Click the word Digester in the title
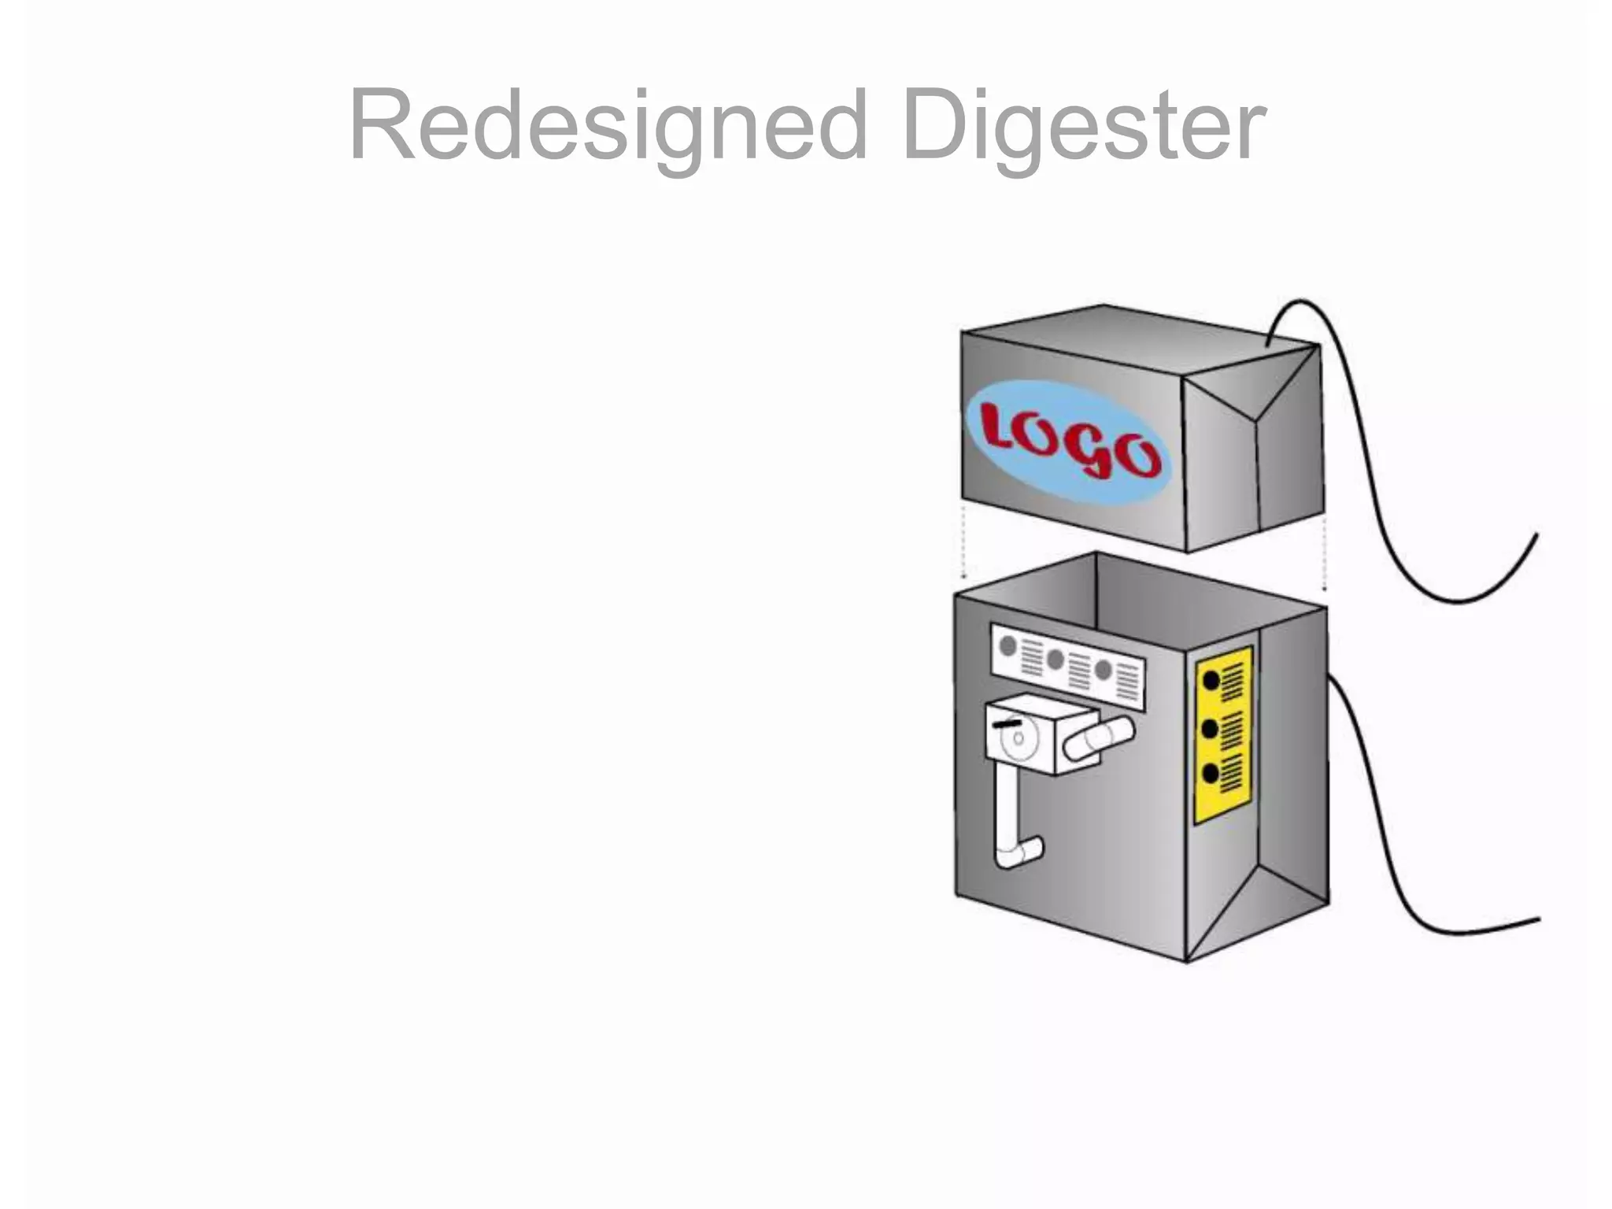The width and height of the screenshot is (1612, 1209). tap(1084, 126)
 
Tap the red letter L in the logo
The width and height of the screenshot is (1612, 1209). tap(1002, 427)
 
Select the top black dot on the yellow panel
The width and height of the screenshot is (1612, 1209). tap(1211, 680)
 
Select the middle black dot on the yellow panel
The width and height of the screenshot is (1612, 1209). tap(1211, 729)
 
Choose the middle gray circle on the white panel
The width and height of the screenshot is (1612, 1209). tap(1056, 659)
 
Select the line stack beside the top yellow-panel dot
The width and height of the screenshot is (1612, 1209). tap(1232, 682)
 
